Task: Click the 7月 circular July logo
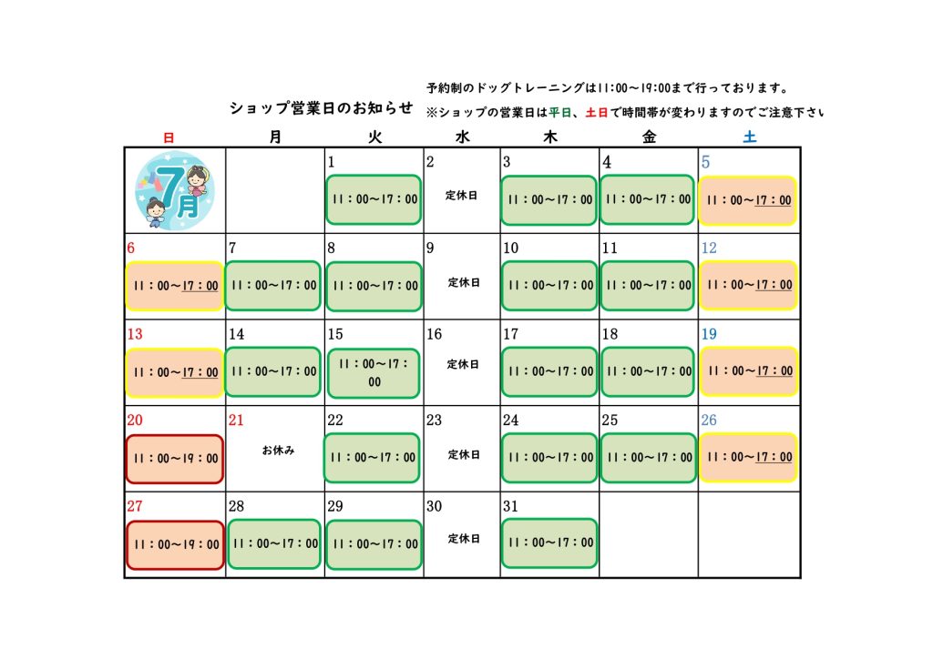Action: click(175, 191)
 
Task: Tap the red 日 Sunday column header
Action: click(169, 137)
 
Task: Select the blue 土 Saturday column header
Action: click(750, 137)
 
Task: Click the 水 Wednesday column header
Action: click(462, 137)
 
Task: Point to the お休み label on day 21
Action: click(279, 451)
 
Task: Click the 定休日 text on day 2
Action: click(461, 195)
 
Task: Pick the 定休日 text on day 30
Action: click(464, 538)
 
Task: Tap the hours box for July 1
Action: click(374, 199)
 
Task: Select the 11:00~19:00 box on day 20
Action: click(175, 459)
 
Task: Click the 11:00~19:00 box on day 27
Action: click(176, 545)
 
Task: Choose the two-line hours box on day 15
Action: click(374, 372)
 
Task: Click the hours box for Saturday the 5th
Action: click(748, 200)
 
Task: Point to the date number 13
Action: click(135, 334)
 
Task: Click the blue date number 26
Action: click(709, 421)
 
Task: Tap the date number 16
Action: click(435, 334)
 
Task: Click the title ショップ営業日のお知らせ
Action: click(322, 108)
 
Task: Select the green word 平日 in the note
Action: click(559, 112)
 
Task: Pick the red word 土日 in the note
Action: click(597, 112)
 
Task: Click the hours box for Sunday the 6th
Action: click(175, 286)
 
